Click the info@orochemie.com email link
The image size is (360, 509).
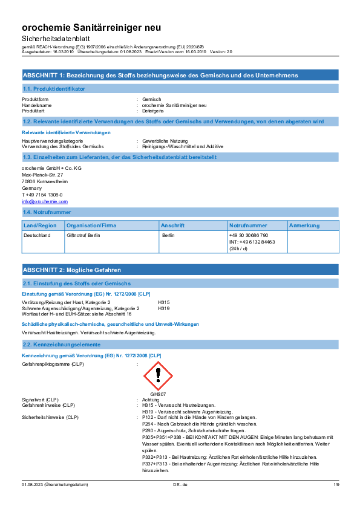(45, 201)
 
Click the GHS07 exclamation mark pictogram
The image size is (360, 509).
(159, 376)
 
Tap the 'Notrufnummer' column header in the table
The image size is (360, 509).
(248, 225)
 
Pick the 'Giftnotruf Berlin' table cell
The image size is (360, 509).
(83, 235)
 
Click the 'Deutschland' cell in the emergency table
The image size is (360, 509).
(37, 235)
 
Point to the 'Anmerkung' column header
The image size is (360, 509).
(304, 225)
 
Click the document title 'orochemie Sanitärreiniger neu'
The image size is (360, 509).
(91, 28)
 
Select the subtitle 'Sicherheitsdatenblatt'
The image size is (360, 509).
(56, 39)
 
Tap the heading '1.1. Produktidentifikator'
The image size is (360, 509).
(54, 89)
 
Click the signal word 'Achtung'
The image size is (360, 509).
(151, 400)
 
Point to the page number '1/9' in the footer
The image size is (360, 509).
(336, 485)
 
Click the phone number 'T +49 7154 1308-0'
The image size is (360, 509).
(42, 195)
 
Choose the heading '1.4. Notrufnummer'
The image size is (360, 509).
(47, 212)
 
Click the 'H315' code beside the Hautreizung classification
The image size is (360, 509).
(164, 302)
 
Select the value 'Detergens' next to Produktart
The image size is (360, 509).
(152, 111)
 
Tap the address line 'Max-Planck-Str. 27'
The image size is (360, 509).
(42, 175)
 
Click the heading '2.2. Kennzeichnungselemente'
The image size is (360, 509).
(62, 345)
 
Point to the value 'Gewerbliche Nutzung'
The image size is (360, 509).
(165, 141)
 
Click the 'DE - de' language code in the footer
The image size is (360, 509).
(180, 485)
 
